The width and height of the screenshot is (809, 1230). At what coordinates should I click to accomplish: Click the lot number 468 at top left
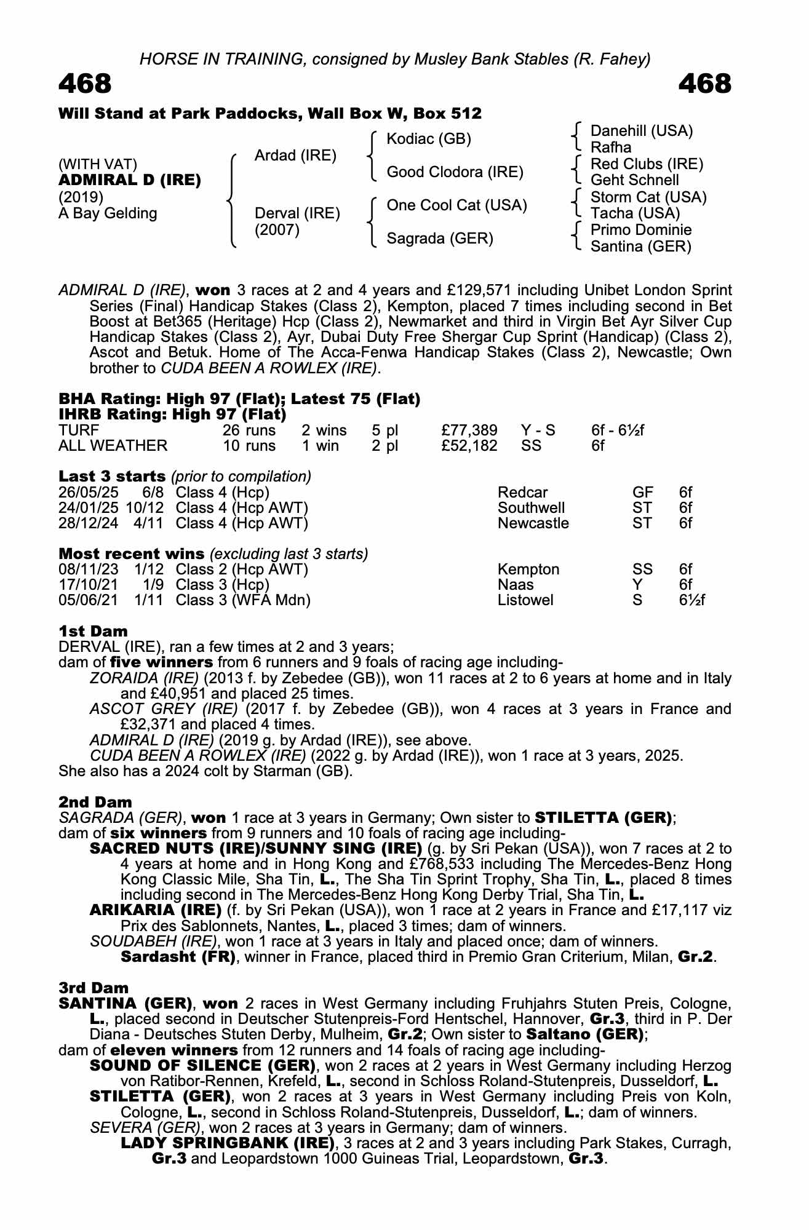85,84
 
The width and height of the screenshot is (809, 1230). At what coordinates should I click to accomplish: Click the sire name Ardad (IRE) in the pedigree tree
295,156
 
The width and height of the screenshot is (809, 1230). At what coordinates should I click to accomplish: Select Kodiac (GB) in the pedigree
429,139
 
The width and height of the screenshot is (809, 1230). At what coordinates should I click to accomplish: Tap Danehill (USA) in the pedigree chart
642,131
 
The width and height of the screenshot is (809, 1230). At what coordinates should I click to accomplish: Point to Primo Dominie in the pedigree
641,230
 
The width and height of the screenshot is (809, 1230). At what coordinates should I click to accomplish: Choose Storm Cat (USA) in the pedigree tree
648,197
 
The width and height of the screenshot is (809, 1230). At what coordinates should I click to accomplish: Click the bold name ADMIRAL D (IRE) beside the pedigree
130,180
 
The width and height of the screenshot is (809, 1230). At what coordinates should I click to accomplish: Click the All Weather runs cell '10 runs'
249,445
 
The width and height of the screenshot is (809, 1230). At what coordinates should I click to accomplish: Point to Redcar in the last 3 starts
522,493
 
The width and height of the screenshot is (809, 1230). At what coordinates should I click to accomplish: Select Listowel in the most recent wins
525,600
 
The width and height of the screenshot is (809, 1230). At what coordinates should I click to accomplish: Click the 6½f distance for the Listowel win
691,600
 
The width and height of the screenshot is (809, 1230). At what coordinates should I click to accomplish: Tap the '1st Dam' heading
93,632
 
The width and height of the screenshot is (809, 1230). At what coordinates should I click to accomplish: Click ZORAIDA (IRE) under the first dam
144,678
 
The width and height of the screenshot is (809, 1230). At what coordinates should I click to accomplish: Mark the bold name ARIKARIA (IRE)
156,910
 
